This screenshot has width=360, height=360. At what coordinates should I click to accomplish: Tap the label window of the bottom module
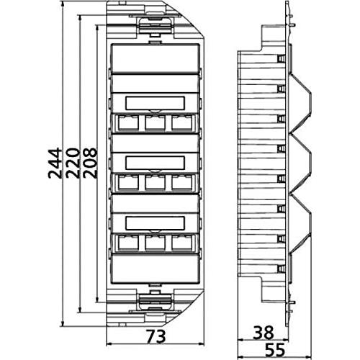tap(155, 222)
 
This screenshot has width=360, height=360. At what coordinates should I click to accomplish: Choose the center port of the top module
tap(155, 122)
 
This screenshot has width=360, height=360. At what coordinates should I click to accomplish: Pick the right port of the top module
tap(180, 122)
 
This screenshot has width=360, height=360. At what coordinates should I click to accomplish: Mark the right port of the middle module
tap(180, 182)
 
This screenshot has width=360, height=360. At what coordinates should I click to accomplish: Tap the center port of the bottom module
tap(155, 243)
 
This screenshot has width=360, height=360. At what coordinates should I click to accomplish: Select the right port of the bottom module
tap(180, 243)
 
